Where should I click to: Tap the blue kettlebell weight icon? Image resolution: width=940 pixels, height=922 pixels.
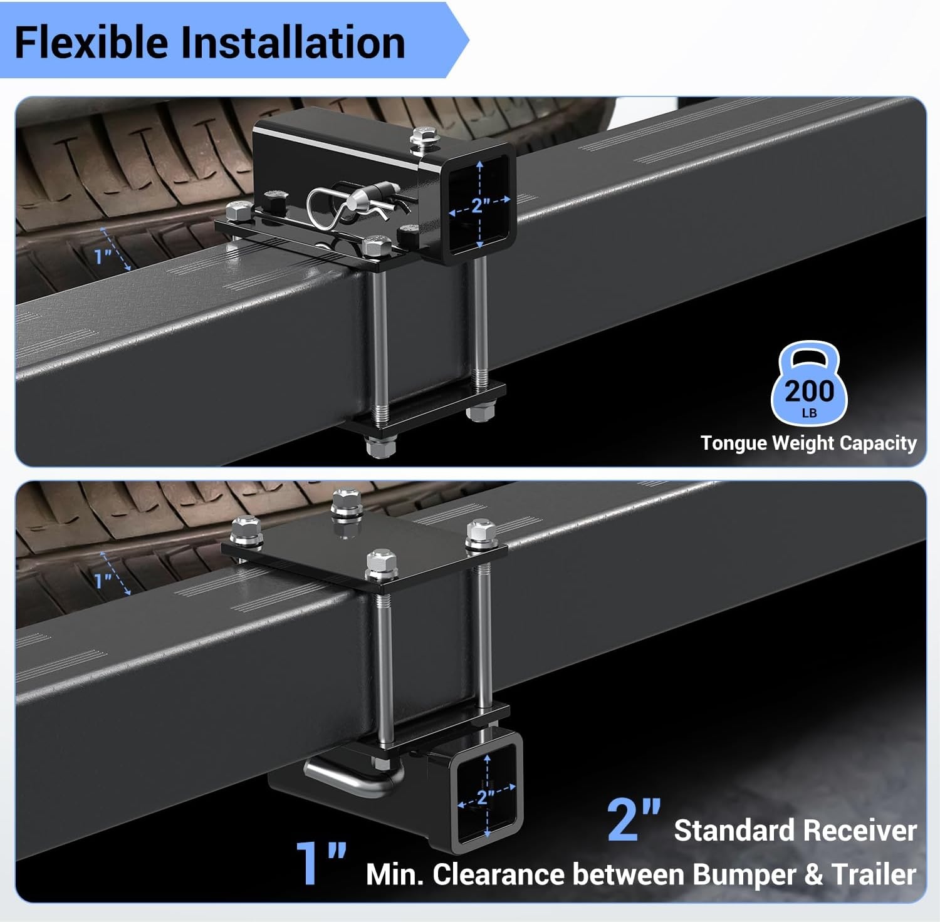tap(809, 383)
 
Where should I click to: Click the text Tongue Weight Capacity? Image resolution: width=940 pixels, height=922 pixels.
tap(808, 443)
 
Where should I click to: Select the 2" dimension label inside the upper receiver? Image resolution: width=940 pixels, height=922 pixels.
tap(481, 204)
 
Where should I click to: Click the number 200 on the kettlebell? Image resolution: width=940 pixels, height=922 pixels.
tap(810, 391)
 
